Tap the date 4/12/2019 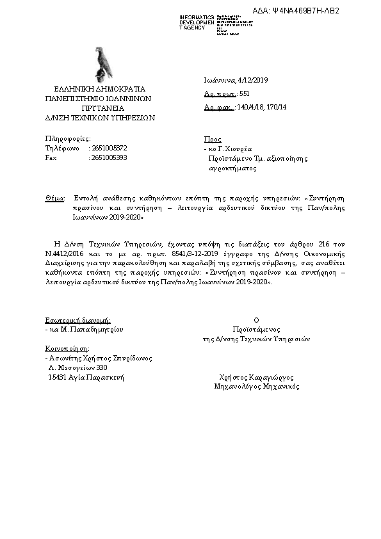coord(252,80)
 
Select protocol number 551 coord(244,93)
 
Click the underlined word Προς coord(212,139)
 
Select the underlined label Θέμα coord(54,198)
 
